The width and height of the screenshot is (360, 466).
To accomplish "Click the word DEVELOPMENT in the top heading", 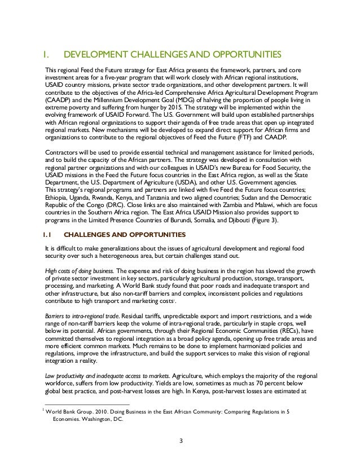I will (97, 55).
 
